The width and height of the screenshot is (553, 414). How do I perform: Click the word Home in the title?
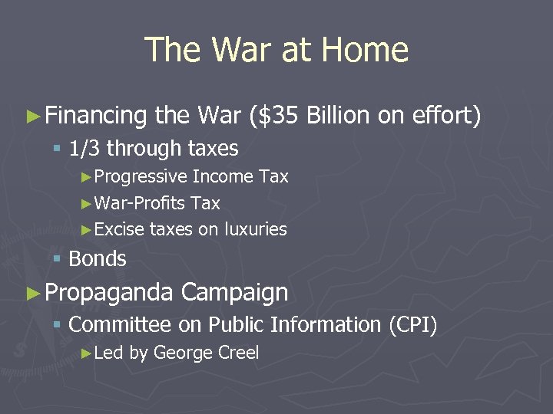365,50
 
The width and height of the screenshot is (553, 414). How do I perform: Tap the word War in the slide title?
240,50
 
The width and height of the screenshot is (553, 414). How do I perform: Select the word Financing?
96,116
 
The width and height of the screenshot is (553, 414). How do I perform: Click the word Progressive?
141,177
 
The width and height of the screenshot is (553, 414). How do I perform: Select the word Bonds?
98,259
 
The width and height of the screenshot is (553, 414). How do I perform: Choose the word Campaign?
234,293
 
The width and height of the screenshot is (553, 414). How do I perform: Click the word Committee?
120,325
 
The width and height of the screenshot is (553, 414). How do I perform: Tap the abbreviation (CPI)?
412,325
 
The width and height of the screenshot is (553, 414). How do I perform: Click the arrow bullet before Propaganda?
32,293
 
